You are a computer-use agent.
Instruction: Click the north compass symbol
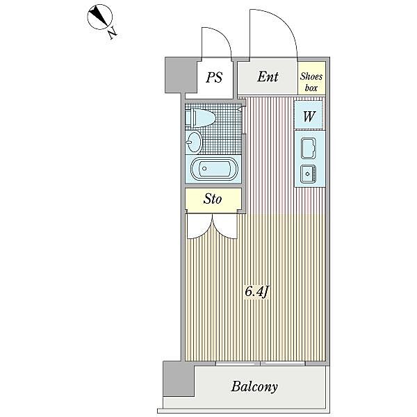click(99, 17)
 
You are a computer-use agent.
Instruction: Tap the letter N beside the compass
click(113, 33)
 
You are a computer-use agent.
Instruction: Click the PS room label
click(214, 77)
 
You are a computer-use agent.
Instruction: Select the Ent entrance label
click(268, 77)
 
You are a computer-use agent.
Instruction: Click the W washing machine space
click(309, 115)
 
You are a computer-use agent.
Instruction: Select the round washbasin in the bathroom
click(194, 142)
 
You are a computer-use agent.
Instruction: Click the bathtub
click(214, 168)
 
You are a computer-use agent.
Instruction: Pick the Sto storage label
click(213, 199)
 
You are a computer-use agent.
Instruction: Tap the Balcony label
click(254, 386)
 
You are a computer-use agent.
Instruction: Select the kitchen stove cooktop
click(309, 148)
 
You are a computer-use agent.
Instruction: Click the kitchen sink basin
click(308, 174)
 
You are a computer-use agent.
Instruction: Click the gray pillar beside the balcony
click(178, 379)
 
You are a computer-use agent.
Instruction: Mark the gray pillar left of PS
click(181, 75)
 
